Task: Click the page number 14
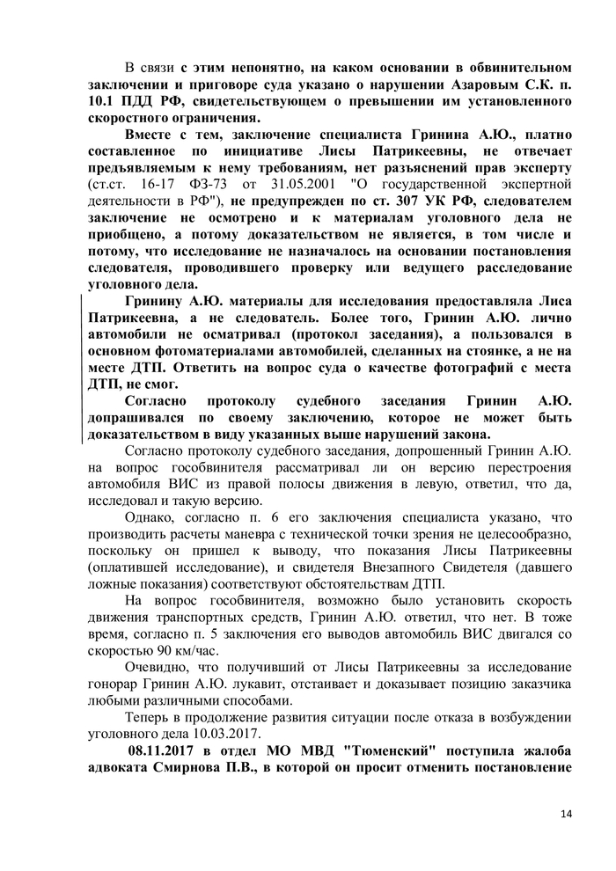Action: (564, 813)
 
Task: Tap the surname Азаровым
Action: (445, 84)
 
